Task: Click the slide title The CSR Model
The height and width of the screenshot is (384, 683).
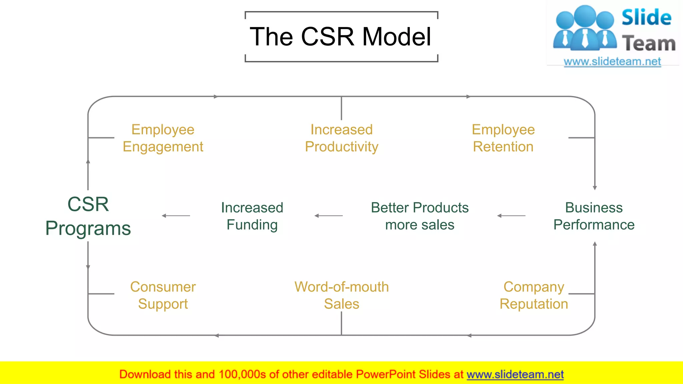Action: (x=340, y=37)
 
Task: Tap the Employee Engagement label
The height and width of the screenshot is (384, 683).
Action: (x=163, y=138)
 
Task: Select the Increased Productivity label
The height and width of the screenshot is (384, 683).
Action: (x=341, y=138)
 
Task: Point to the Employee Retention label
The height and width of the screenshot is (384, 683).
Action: (x=503, y=138)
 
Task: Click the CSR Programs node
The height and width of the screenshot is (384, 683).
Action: (x=88, y=216)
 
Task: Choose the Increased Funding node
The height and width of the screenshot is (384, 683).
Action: (x=252, y=216)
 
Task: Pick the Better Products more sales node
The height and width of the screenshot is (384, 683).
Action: (x=420, y=216)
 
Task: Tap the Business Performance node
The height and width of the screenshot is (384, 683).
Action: (x=594, y=216)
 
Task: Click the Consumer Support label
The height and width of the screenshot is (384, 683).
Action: (x=163, y=295)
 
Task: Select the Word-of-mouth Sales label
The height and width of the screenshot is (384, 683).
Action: (x=341, y=295)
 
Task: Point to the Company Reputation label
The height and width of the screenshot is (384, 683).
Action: (x=534, y=295)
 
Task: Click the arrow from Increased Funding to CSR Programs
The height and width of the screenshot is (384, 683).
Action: (x=176, y=216)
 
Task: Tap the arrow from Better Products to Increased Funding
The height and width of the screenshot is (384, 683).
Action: (x=328, y=216)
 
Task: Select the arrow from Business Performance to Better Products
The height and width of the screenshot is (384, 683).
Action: (x=511, y=216)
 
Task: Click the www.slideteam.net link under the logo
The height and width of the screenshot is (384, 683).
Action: (x=612, y=62)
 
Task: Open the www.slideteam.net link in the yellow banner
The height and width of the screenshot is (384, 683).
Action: (x=515, y=374)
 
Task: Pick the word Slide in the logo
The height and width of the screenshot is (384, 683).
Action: (x=646, y=18)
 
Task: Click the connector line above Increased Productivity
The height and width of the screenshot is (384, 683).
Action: (x=341, y=108)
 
